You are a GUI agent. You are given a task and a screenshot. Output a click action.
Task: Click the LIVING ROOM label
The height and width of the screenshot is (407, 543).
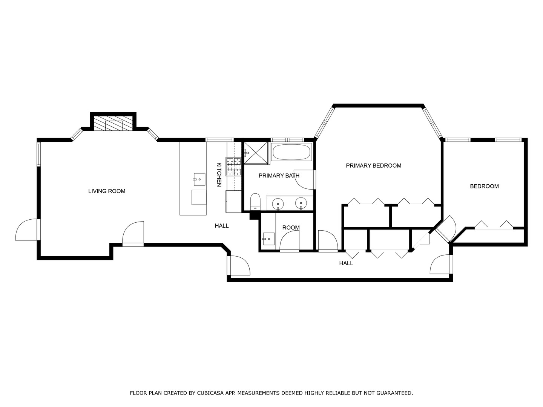[107, 191]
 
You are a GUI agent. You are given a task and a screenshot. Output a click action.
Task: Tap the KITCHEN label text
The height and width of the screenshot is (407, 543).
[219, 174]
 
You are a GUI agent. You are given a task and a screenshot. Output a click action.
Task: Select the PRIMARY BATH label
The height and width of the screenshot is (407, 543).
[279, 176]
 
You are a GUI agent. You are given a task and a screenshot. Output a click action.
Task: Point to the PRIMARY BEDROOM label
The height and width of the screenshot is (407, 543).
[373, 165]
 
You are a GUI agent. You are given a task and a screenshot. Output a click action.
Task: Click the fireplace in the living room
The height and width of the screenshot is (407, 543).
[113, 124]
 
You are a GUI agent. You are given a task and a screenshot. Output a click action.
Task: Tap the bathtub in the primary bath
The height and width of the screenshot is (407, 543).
[291, 152]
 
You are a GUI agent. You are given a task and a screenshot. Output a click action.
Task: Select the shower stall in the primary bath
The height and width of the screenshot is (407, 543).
[256, 153]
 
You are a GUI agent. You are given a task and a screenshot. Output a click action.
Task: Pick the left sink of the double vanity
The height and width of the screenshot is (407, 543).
[278, 203]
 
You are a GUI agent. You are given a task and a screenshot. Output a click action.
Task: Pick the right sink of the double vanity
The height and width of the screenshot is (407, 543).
[301, 203]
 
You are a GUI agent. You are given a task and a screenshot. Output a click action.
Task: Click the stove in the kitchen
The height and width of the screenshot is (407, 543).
[233, 167]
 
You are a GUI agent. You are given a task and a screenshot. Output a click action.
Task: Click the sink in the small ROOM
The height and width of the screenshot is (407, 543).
[268, 239]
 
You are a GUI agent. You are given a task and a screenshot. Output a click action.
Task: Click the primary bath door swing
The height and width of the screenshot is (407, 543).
[304, 179]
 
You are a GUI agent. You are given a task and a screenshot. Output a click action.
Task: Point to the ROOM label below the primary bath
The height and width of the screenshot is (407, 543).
[291, 228]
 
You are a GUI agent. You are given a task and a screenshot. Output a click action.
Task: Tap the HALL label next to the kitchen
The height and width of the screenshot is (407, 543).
[222, 226]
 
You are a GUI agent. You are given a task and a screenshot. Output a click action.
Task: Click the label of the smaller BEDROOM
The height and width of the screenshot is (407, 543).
[484, 186]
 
